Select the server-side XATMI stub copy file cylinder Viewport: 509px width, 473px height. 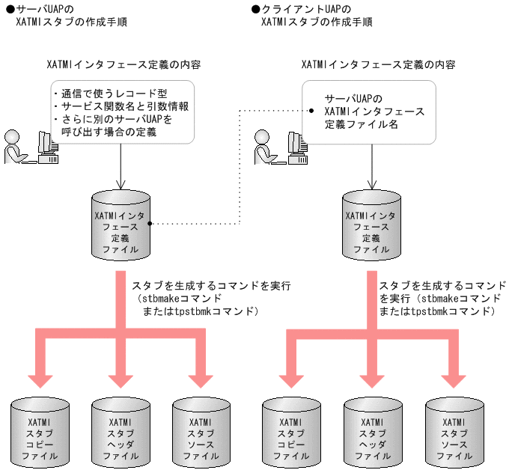[x=40, y=434]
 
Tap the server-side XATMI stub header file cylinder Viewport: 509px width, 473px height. [x=120, y=434]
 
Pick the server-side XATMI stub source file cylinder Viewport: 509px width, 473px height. [x=201, y=434]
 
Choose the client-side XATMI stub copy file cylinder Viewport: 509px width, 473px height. [x=291, y=434]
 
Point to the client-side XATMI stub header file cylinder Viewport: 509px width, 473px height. [x=372, y=434]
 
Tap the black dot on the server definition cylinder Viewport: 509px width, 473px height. [x=150, y=224]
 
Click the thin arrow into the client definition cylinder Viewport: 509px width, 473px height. [x=372, y=168]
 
